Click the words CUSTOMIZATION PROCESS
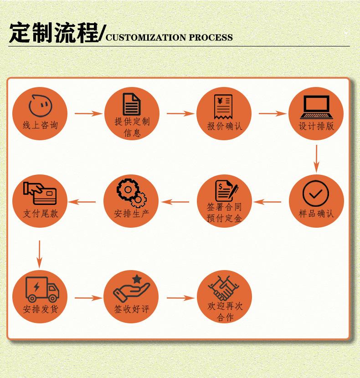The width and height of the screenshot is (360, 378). [169, 37]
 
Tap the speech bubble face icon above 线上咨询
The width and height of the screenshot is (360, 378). [40, 105]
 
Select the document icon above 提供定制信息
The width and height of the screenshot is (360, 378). [132, 104]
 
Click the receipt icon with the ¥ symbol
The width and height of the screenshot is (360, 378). [223, 106]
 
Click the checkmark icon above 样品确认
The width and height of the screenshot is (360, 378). [315, 193]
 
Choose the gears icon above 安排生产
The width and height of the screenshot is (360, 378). [131, 192]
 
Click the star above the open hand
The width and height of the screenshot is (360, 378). [137, 279]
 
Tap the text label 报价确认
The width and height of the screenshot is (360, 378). [225, 126]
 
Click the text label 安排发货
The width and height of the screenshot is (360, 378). [41, 309]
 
